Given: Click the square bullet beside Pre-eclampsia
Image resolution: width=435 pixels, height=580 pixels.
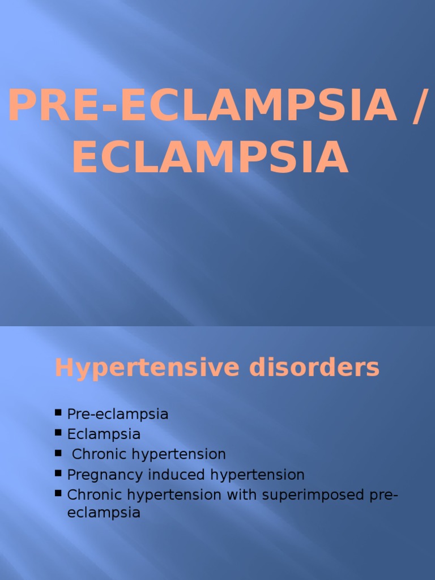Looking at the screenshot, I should pos(58,413).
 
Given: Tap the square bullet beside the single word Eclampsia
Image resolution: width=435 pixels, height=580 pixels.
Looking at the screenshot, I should pos(58,433).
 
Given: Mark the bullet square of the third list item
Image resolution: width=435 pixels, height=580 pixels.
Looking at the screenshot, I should pos(58,453).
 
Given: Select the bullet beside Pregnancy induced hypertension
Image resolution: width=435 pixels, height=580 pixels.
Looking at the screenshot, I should pos(58,474).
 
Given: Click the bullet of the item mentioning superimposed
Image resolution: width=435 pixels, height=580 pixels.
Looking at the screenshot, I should pos(58,493).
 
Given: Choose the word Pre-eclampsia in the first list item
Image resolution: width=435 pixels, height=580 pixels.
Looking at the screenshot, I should pos(118,414).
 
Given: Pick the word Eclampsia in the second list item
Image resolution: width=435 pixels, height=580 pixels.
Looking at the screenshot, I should pos(104,434).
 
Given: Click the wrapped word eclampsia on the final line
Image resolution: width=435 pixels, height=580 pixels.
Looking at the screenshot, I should pos(104,514).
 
